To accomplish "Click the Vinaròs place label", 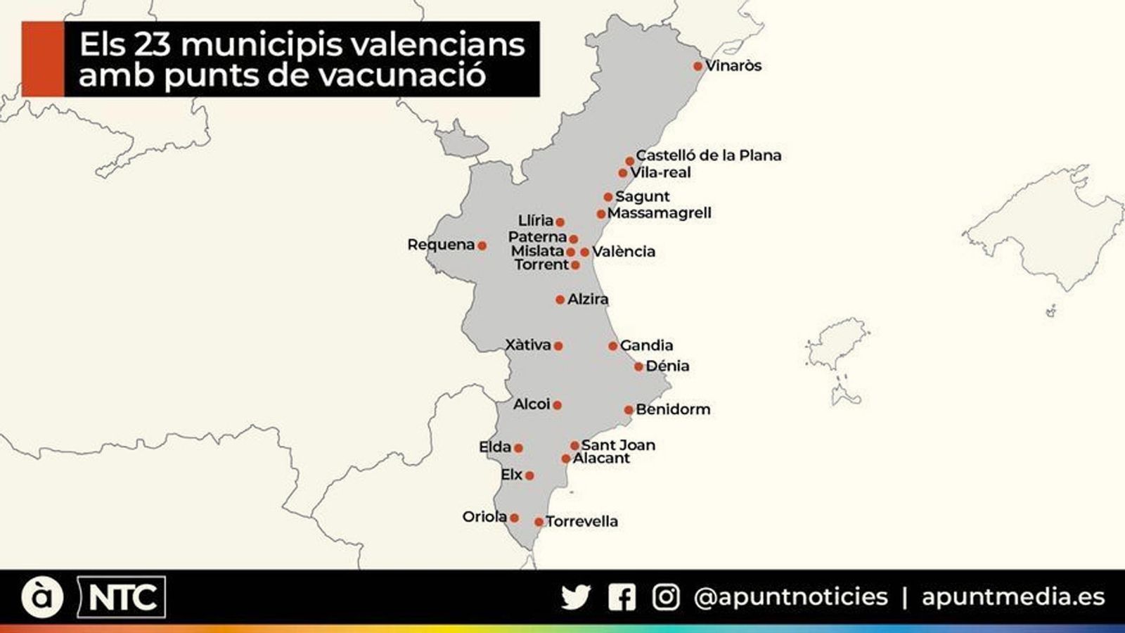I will point(733,66).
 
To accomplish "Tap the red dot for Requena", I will point(482,245).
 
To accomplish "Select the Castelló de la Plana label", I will point(708,155).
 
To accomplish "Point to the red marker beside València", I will point(585,252).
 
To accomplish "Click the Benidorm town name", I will point(673,409).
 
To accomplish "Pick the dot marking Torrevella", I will point(539,522).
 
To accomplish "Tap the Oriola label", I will point(484,517).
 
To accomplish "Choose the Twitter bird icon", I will point(576,598).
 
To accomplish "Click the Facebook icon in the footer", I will point(622,598).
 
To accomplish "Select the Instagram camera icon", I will point(665,598).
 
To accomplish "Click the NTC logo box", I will point(122,598).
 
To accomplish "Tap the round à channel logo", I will point(42,597).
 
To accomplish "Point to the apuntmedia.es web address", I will point(1013,597).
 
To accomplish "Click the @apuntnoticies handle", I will point(790,597).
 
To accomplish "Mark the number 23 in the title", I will point(154,45).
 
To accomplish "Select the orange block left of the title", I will point(42,59).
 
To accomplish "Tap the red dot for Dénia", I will point(638,366).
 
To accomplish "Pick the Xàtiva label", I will point(528,345).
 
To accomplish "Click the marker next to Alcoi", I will point(557,405).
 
